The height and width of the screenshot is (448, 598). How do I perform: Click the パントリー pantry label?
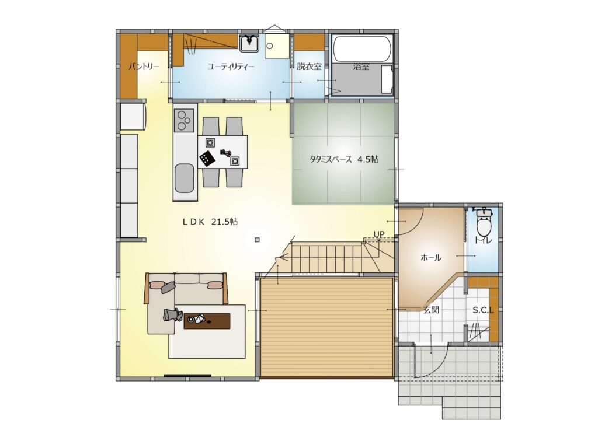144,67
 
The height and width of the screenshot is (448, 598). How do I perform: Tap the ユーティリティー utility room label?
231,67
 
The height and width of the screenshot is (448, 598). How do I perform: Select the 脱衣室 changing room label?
309,66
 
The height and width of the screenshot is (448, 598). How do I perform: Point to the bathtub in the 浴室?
361,49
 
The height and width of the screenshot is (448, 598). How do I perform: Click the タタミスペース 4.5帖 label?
344,159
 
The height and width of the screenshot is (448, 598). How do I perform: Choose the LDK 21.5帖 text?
210,222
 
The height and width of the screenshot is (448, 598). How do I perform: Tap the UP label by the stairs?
378,234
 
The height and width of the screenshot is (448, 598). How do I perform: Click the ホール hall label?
430,258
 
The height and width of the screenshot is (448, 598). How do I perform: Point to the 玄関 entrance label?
431,310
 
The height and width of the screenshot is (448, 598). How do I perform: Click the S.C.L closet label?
483,310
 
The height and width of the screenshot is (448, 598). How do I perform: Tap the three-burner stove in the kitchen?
184,120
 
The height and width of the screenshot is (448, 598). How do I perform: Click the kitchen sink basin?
185,179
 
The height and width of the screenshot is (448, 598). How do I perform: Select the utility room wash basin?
250,43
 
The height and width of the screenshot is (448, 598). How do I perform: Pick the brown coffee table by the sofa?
207,321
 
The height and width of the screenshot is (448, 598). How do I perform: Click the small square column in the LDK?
258,240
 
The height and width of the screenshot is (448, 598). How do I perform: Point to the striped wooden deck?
326,328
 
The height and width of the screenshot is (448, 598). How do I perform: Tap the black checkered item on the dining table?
206,158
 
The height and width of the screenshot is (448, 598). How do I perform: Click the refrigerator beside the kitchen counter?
134,117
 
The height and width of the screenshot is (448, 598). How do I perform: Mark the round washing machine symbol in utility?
270,46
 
